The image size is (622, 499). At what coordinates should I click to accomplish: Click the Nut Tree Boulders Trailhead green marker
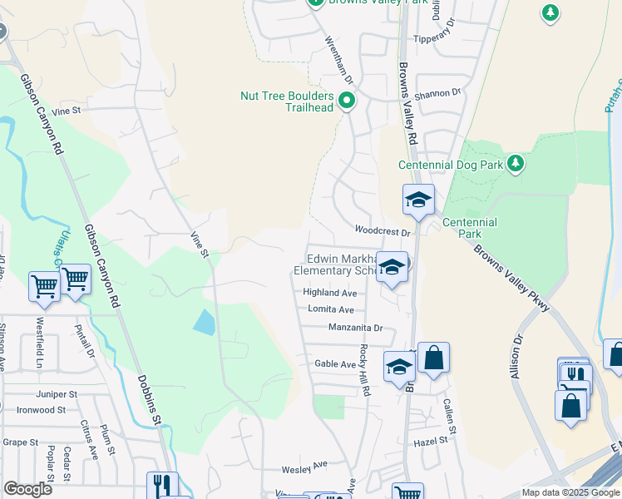click(347, 101)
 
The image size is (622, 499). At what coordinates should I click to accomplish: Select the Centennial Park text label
click(469, 228)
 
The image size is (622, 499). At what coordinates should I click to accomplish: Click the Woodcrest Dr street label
click(383, 230)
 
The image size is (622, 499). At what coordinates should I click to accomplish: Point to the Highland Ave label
click(329, 293)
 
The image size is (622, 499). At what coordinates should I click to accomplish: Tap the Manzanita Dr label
click(355, 328)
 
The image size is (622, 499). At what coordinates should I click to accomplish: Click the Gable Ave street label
click(335, 364)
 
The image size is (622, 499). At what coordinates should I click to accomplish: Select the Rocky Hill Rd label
click(363, 363)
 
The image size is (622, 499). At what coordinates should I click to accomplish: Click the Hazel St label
click(436, 439)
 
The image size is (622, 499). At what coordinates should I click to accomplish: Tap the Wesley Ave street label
click(304, 467)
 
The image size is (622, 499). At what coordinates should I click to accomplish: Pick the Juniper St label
click(57, 393)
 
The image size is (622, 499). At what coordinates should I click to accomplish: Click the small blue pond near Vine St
click(204, 321)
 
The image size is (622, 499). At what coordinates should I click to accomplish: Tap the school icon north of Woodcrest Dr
click(418, 200)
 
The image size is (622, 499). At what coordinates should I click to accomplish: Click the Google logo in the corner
click(28, 489)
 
